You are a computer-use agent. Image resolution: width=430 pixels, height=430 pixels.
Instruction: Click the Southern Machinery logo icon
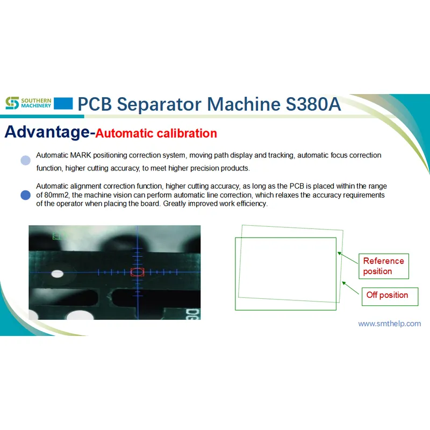point(12,103)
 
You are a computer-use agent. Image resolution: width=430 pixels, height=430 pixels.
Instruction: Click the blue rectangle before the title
point(63,103)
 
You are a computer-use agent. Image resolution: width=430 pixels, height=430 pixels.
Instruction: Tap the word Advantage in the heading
point(46,132)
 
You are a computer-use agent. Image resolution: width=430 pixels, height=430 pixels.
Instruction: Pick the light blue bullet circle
point(25,160)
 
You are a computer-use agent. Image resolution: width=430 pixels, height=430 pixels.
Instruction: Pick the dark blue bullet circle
point(25,195)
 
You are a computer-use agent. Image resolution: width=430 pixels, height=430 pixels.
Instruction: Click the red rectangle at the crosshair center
point(138,273)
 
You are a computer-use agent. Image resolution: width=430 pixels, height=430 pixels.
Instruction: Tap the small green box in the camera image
point(57,235)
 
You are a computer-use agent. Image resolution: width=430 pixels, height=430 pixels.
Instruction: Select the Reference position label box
point(383,266)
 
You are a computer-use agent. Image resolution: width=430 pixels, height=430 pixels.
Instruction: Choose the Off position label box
point(389,295)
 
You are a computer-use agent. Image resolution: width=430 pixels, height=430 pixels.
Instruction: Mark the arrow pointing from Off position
point(351,289)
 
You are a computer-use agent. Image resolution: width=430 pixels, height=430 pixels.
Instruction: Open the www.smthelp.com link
point(390,324)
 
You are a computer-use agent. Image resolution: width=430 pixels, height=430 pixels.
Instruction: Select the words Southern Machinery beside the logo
point(37,103)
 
